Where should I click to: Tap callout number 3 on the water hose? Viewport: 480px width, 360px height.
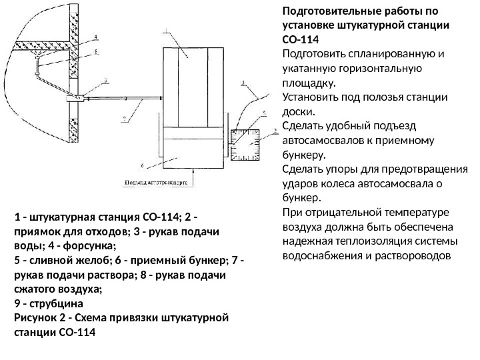tap(244, 84)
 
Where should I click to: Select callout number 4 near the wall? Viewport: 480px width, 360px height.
tap(96, 37)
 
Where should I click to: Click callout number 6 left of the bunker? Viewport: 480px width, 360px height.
tap(142, 164)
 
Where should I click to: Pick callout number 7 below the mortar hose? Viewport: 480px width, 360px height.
tap(123, 119)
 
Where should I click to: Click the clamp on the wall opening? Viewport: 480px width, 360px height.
tap(75, 99)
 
